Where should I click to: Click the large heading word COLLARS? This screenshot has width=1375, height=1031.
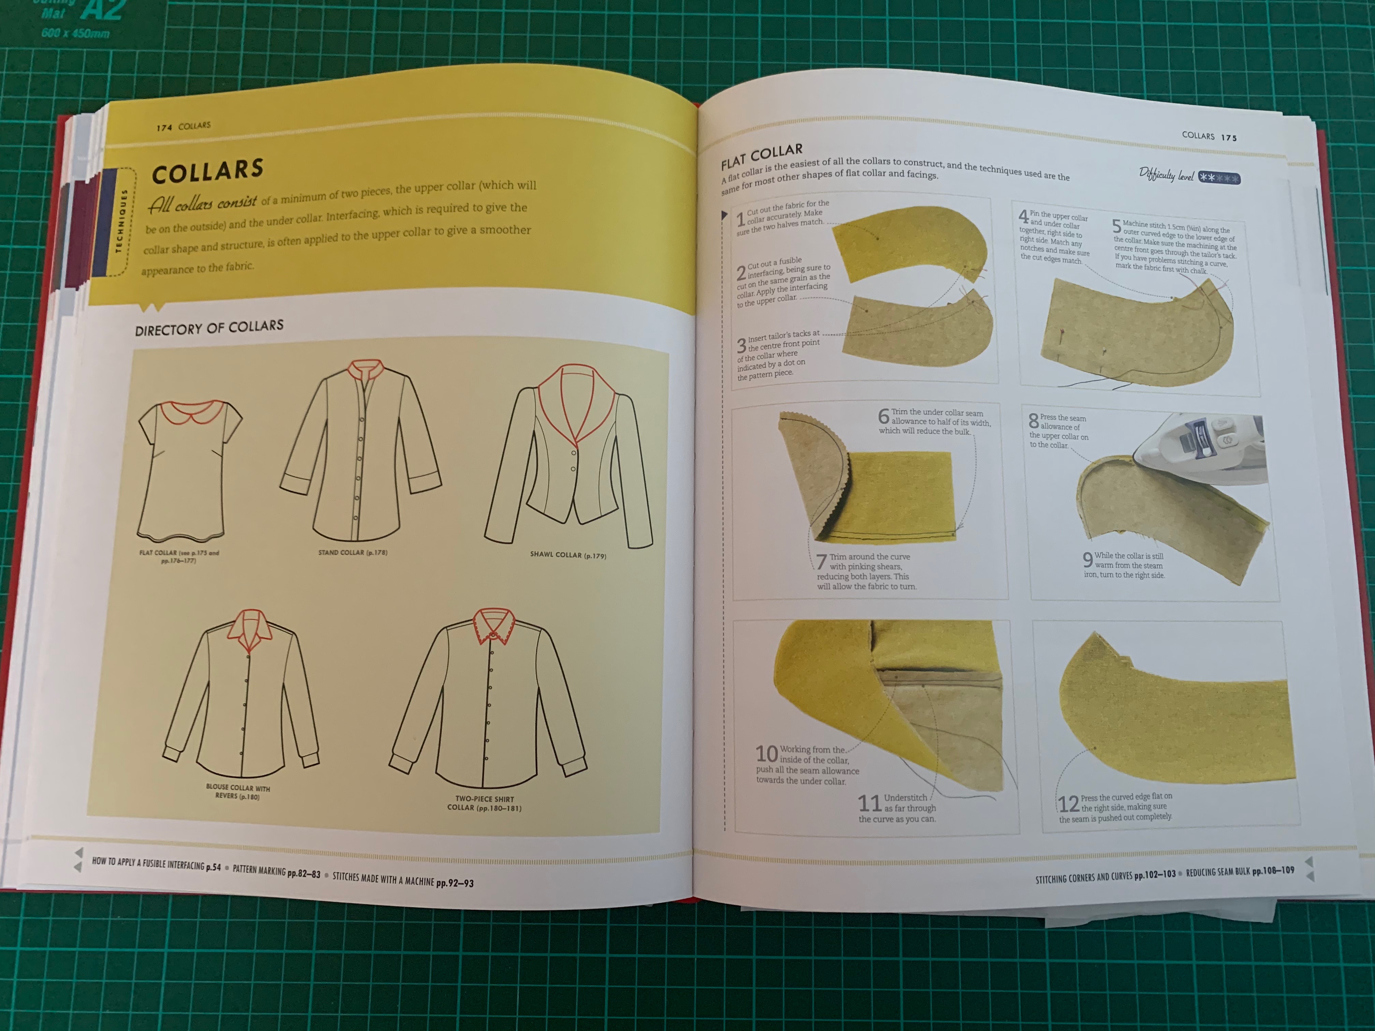point(208,170)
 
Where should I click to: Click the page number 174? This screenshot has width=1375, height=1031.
point(164,128)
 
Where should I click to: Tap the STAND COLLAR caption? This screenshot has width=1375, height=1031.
point(353,552)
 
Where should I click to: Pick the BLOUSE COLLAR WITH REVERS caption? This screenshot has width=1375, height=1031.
point(238,791)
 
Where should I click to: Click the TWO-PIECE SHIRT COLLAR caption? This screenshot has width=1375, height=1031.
point(484,804)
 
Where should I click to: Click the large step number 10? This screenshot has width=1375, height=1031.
point(766,754)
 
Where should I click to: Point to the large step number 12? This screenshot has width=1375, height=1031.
point(1068,804)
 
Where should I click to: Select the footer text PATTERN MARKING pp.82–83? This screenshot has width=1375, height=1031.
point(276,872)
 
